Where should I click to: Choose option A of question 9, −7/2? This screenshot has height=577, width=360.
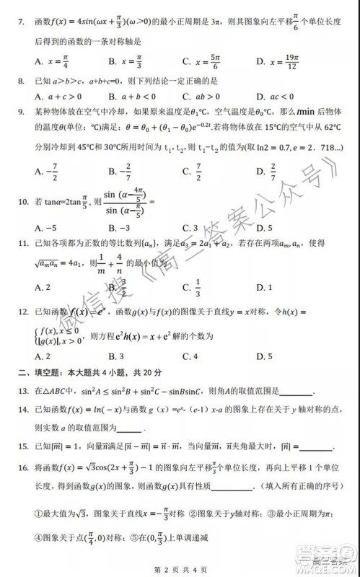click(38, 171)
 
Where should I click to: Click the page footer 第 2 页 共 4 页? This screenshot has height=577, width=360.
click(178, 562)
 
